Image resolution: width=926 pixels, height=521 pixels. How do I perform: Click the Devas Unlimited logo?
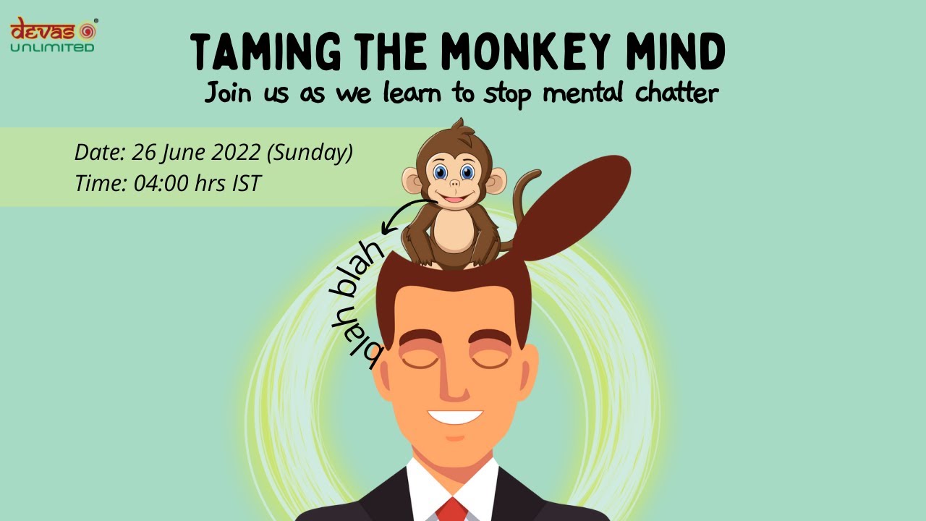tap(53, 35)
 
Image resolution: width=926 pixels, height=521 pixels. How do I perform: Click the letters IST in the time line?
tap(246, 183)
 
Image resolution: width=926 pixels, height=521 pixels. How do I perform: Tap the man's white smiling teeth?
tap(454, 417)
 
